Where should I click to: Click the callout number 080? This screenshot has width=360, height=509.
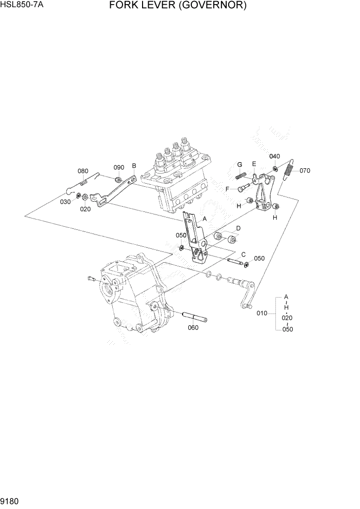pos(83,171)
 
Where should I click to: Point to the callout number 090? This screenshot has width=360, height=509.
pos(119,167)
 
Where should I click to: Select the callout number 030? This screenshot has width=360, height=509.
pos(65,202)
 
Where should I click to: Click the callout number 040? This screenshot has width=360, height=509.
pos(275,156)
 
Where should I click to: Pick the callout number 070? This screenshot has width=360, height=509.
pos(305,170)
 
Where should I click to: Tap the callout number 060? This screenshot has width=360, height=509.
pos(193,328)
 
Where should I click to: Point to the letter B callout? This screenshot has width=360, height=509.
pos(134,166)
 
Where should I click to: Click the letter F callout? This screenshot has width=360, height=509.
pos(228,188)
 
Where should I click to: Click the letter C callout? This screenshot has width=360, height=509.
pos(243,254)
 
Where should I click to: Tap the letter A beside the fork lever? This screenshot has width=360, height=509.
pos(205,218)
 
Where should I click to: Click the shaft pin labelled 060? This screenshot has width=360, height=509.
pos(193,316)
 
